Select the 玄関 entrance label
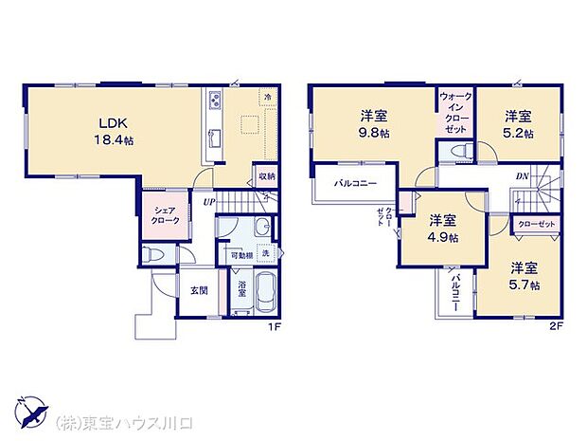coord(199,290)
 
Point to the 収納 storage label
coord(264,176)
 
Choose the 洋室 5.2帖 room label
coord(518,124)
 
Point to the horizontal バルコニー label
coord(355,182)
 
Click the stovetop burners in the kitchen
coord(215,100)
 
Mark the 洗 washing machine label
coord(265,253)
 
